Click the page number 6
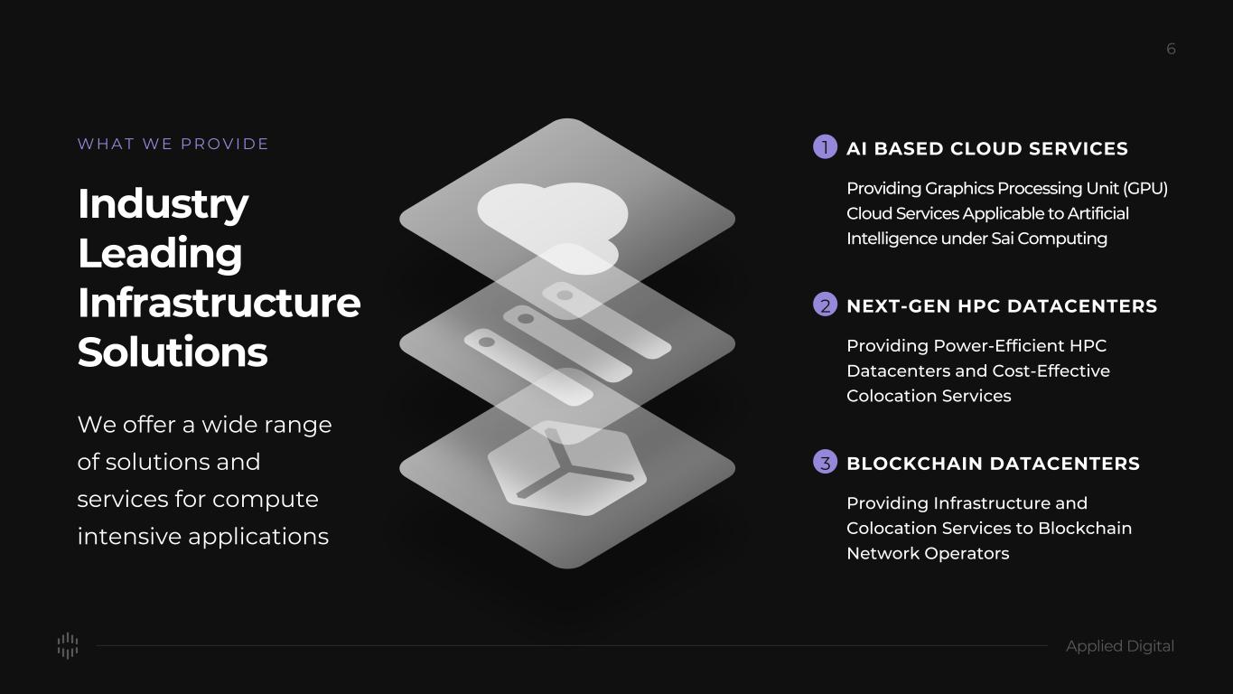[x=1171, y=49]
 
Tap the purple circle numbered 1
[x=825, y=147]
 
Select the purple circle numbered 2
[x=825, y=305]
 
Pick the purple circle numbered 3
[x=825, y=462]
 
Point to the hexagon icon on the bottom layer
[x=567, y=469]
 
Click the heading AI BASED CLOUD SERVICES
[x=987, y=149]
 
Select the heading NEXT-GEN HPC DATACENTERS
[x=1002, y=306]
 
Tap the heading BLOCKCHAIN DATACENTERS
[x=993, y=464]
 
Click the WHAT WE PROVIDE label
[x=173, y=145]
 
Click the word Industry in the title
[x=163, y=205]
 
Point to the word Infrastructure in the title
[x=220, y=303]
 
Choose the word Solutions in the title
[x=173, y=352]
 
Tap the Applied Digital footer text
[x=1119, y=646]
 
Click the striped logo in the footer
[x=68, y=645]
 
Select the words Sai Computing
[x=1049, y=239]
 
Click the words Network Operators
[x=928, y=554]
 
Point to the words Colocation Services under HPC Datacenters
[x=929, y=396]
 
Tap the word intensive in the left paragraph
[x=129, y=537]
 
